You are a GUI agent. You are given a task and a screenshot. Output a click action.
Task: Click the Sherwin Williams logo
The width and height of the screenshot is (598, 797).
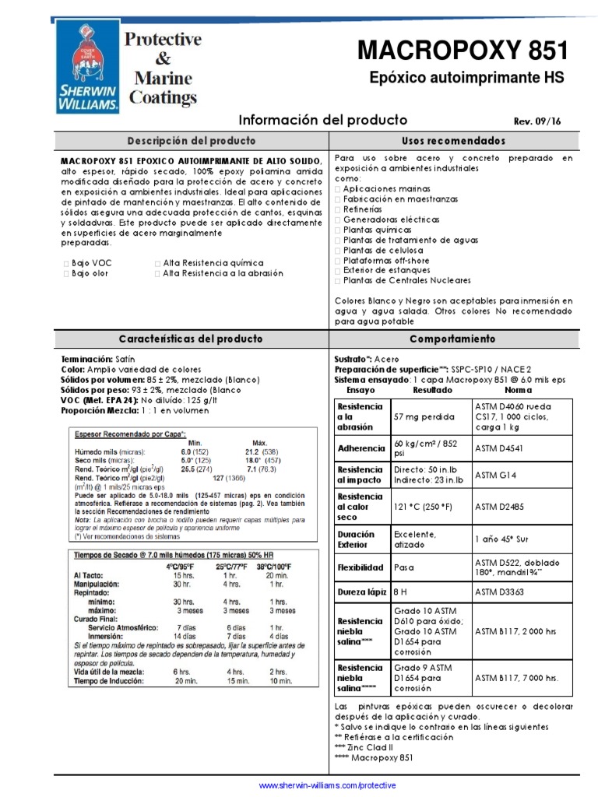86,66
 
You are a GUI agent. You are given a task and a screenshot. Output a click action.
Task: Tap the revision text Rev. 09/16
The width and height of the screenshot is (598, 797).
538,121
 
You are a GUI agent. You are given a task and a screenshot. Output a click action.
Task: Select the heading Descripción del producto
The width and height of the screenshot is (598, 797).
191,141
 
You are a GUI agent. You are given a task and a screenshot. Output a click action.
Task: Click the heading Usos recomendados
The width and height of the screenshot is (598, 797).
453,141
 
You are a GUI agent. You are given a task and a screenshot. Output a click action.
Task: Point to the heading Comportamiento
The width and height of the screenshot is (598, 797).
452,339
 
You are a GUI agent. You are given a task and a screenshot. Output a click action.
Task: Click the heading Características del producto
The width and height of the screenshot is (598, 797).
191,339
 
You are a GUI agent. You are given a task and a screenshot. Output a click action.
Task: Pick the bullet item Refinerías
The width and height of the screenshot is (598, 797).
362,209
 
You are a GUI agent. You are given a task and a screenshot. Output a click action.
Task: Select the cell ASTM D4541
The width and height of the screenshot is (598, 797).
499,448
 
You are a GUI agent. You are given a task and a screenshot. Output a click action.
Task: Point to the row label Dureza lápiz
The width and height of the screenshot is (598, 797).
361,592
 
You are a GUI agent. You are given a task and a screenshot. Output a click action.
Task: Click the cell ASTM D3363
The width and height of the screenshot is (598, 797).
499,592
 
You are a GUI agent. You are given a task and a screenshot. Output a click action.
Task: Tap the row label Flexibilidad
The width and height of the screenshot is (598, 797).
361,567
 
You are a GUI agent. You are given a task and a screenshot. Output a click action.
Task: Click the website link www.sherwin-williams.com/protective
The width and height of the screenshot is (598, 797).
327,785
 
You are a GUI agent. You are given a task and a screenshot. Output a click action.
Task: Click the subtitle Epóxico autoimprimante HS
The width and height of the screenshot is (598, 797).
466,79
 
